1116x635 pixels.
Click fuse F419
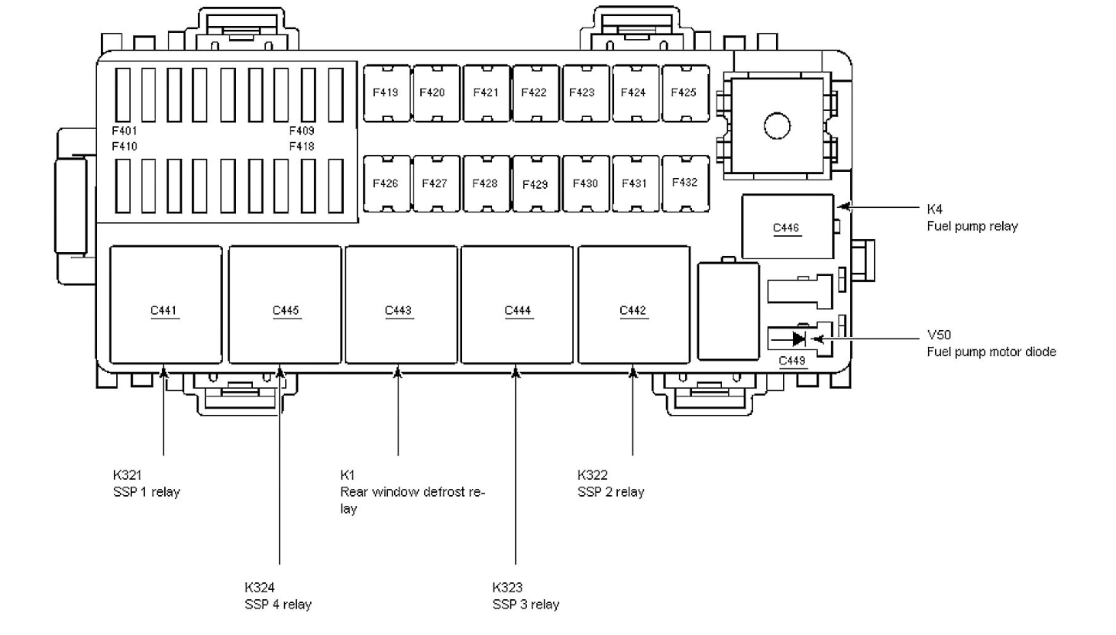point(386,93)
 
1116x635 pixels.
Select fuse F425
point(684,93)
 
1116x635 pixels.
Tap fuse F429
point(535,184)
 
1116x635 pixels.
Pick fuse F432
point(684,183)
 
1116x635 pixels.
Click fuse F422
point(534,93)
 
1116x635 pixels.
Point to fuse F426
point(386,184)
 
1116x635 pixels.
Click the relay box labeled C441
point(165,305)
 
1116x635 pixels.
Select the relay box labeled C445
point(285,305)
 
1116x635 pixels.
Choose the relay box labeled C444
point(517,305)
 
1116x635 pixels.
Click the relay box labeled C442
point(633,305)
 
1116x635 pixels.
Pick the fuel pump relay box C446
point(787,227)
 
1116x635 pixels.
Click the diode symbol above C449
point(798,339)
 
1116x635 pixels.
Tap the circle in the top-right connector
point(777,125)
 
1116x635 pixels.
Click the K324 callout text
point(260,588)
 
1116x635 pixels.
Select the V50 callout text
point(939,335)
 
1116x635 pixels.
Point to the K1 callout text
point(348,475)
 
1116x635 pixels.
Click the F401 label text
point(125,131)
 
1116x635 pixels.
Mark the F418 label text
point(302,146)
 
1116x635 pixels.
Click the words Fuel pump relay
point(972,226)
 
